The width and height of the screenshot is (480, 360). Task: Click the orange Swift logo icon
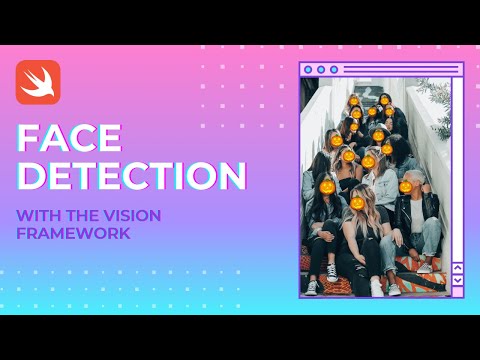point(38,82)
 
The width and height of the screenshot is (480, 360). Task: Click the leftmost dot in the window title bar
point(308,70)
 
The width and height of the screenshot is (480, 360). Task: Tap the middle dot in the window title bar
point(321,70)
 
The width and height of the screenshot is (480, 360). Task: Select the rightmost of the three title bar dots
point(334,70)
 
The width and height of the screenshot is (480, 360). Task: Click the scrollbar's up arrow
point(457,267)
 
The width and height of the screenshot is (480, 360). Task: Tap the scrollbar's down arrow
point(457,281)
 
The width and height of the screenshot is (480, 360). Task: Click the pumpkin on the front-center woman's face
point(357,202)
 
